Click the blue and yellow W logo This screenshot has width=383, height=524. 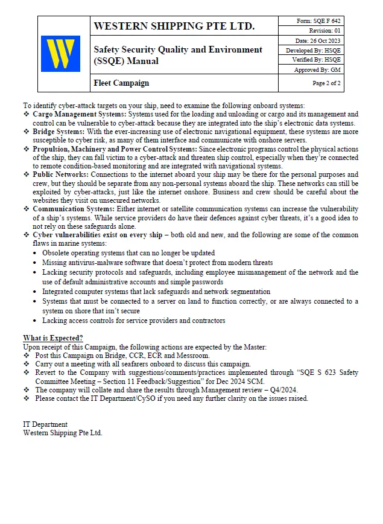[x=60, y=53]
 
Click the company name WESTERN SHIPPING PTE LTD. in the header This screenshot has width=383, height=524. [x=174, y=26]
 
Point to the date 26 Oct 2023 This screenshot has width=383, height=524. [x=318, y=40]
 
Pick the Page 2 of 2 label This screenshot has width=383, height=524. [x=326, y=83]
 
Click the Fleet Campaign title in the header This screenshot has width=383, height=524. [x=121, y=83]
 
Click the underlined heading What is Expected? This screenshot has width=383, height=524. [x=53, y=338]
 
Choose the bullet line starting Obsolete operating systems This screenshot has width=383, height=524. [x=128, y=253]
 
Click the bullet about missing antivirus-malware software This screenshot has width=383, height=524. [x=157, y=263]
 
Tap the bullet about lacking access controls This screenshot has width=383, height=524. [x=133, y=321]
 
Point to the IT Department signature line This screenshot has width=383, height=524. [x=45, y=424]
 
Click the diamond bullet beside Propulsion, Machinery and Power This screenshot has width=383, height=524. [x=26, y=149]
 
